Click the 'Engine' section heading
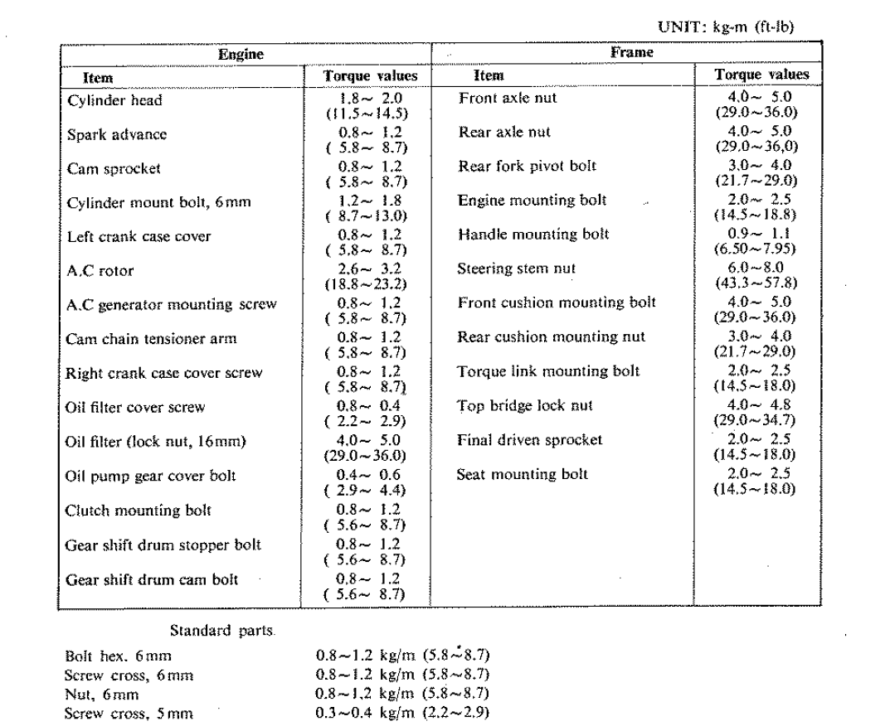241,55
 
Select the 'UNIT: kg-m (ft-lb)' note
725,27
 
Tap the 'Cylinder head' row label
114,100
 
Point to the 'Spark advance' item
117,134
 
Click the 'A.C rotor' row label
100,270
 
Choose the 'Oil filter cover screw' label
135,407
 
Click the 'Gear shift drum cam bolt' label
152,579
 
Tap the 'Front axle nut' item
508,99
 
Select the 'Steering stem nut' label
516,269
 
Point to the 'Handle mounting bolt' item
533,235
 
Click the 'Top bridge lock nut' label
525,405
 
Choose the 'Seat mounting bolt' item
522,475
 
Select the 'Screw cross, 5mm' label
129,712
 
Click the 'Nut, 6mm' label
102,695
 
